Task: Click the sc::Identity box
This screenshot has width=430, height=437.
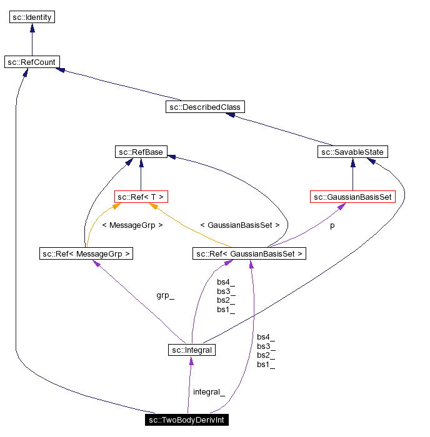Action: click(x=32, y=17)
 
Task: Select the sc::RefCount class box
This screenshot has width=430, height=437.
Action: click(x=32, y=62)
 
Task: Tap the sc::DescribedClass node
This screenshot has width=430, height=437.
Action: click(x=204, y=107)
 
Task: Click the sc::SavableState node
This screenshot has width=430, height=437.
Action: click(x=353, y=152)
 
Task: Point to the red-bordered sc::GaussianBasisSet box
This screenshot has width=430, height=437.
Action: click(x=352, y=197)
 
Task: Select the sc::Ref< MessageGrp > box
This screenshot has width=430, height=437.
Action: click(x=86, y=253)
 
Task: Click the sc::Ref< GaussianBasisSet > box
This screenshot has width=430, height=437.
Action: click(x=249, y=253)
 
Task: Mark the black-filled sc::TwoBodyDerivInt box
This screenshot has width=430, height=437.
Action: click(x=187, y=420)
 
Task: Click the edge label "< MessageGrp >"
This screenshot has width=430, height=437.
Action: click(x=132, y=225)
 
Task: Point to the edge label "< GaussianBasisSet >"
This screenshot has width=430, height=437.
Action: click(x=239, y=225)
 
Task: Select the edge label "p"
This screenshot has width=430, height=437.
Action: click(x=332, y=225)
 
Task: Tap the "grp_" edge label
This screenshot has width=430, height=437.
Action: click(x=165, y=295)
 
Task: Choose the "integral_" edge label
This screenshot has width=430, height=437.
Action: click(x=208, y=392)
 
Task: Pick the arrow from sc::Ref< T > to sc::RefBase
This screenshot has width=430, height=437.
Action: click(x=141, y=174)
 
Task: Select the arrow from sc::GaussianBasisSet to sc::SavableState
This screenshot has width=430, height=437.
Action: click(x=353, y=174)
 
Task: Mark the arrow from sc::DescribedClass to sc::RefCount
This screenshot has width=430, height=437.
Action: click(x=118, y=84)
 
